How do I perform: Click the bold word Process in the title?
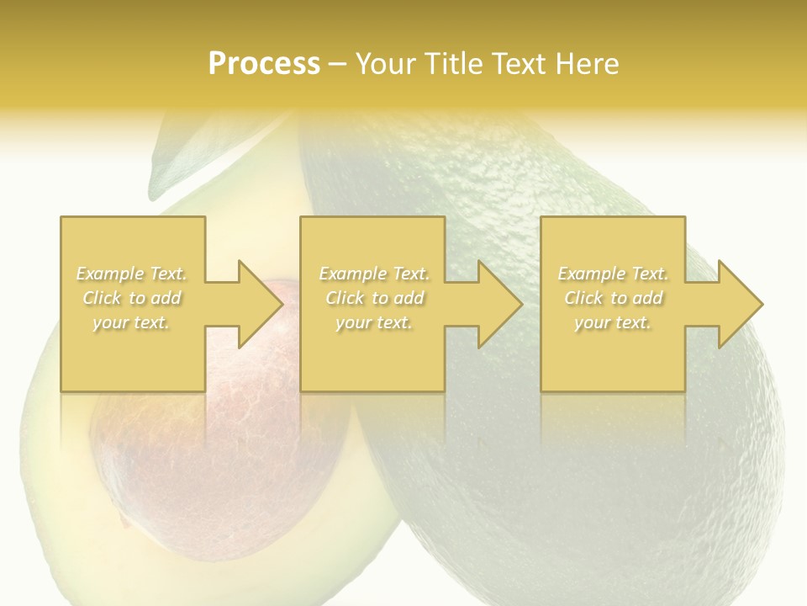tap(264, 63)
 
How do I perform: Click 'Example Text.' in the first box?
tap(131, 274)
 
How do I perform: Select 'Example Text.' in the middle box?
tap(373, 274)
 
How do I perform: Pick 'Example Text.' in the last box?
tap(613, 274)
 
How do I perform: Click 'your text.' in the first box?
tap(131, 322)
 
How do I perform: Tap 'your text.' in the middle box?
tap(373, 322)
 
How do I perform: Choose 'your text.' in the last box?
tap(613, 322)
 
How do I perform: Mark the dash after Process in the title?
tap(338, 64)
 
